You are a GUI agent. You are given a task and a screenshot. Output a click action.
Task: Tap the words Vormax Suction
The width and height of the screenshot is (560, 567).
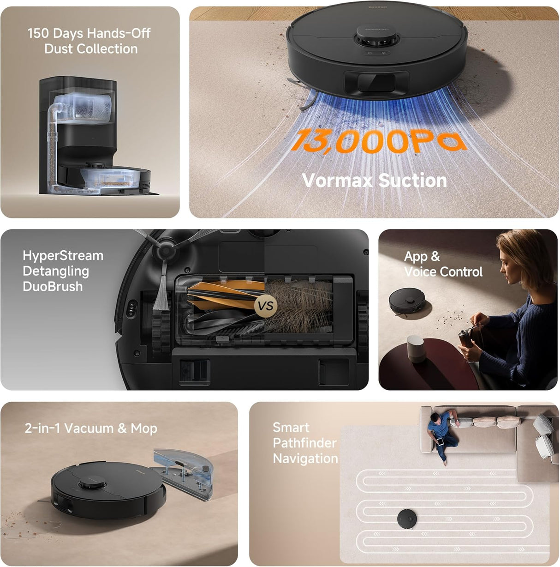pos(374,180)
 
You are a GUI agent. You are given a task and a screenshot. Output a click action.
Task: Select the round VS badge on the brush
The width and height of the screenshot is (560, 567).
pos(266,305)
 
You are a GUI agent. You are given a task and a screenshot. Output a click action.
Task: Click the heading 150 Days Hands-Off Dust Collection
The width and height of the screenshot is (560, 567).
pos(89,41)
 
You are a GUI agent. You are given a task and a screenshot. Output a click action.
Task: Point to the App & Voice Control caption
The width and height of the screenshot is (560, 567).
pos(443,264)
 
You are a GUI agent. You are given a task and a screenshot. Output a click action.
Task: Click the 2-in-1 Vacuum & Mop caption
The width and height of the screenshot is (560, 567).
pos(91,428)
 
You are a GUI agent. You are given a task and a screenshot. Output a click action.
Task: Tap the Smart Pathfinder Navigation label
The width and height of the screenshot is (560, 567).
pos(305,443)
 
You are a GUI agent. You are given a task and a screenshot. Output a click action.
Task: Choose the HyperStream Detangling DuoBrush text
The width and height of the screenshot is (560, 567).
pos(63,271)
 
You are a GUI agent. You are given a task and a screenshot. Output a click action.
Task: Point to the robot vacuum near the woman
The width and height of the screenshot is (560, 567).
pos(403,302)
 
